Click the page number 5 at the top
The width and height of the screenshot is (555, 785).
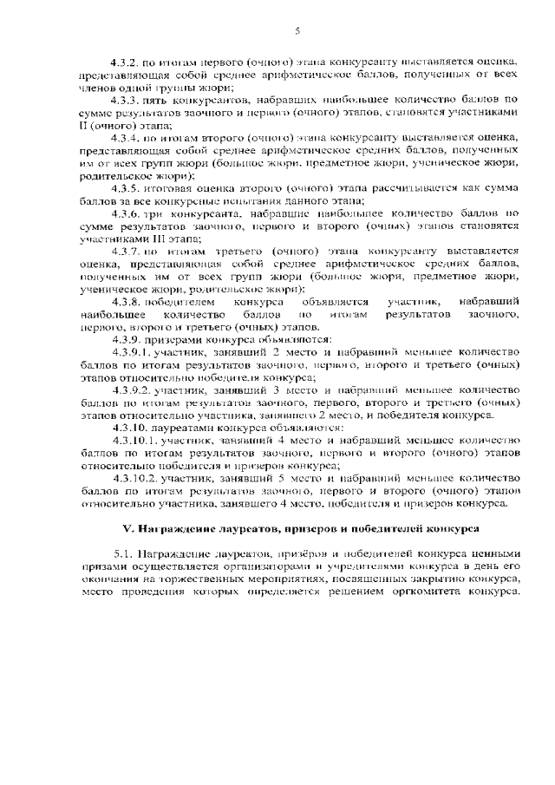[297, 31]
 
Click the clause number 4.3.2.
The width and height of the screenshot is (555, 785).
[125, 62]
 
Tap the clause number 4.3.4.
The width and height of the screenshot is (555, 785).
[125, 136]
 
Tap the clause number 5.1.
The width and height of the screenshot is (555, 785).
[121, 553]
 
